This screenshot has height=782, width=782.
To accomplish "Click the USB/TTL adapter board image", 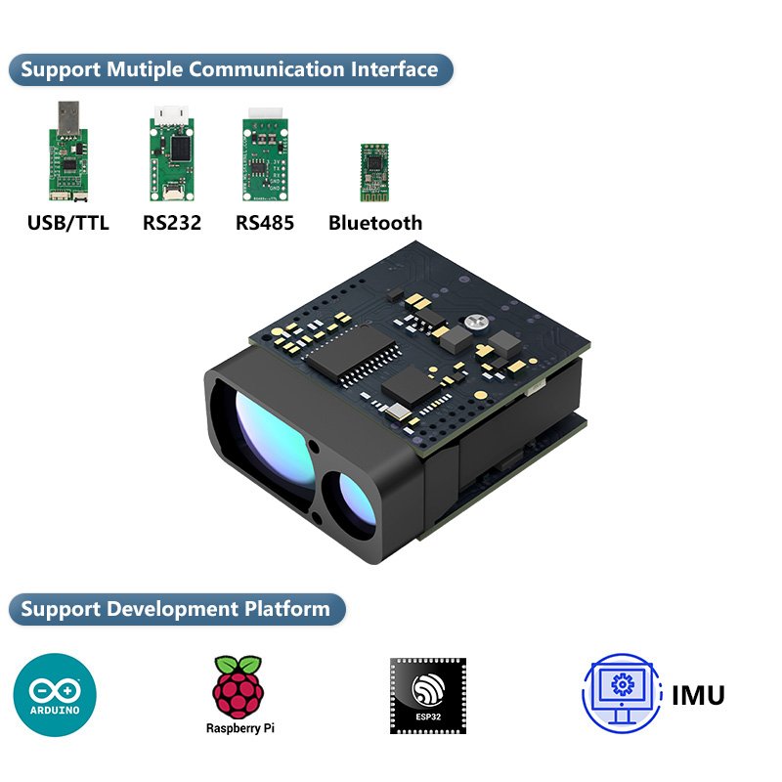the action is (x=68, y=152).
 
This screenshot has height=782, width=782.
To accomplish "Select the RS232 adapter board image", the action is (x=172, y=153).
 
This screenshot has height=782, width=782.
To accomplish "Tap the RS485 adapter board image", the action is (x=265, y=154).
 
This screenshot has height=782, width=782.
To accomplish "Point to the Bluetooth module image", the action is (x=374, y=173).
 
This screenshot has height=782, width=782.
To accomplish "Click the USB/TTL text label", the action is (x=67, y=223).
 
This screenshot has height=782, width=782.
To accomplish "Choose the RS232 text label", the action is (x=172, y=223).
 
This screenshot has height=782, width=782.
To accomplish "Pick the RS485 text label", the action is (x=265, y=223).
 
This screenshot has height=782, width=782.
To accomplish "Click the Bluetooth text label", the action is (x=375, y=223).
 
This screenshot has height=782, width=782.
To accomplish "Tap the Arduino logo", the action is (x=55, y=695).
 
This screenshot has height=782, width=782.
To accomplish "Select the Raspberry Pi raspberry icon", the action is (x=239, y=687).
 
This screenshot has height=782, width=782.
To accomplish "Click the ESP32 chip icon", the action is (x=428, y=696).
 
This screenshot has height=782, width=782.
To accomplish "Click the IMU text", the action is (x=698, y=695).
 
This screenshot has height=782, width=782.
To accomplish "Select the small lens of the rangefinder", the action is (x=357, y=502).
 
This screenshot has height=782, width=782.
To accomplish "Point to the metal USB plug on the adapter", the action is (x=68, y=117).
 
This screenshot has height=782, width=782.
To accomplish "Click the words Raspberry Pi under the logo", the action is (x=239, y=728).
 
